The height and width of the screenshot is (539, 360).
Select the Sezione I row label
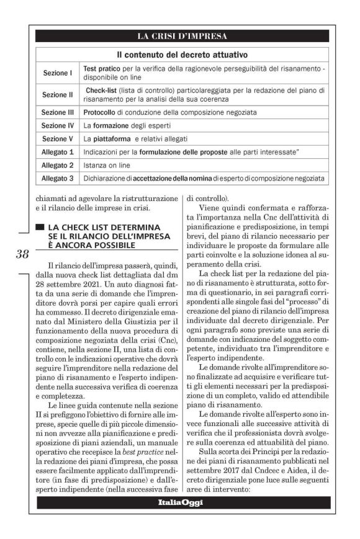coord(57,73)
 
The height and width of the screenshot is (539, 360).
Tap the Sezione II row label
coord(57,95)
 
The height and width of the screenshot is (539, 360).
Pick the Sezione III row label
coord(57,113)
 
